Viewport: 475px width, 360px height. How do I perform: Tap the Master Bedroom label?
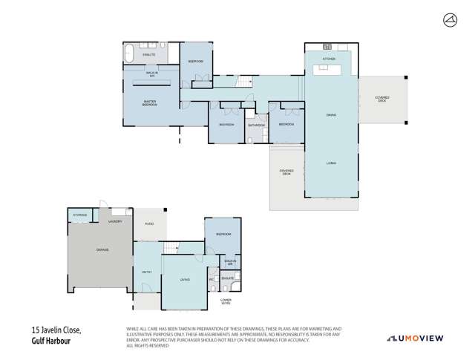click(151, 102)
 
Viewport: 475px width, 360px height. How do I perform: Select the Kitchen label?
click(330, 58)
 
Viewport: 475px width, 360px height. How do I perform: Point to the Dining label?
click(331, 115)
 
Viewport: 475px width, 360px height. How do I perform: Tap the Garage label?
click(102, 250)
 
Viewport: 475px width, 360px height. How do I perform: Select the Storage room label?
click(79, 216)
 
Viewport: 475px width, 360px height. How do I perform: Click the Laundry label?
click(115, 221)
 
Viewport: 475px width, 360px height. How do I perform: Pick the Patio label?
click(148, 223)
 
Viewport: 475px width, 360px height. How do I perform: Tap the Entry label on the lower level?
click(147, 272)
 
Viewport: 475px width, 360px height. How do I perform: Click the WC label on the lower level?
click(212, 280)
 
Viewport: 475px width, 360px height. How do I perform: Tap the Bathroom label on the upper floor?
click(257, 125)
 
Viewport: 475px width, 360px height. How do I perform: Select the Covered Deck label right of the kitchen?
click(382, 99)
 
